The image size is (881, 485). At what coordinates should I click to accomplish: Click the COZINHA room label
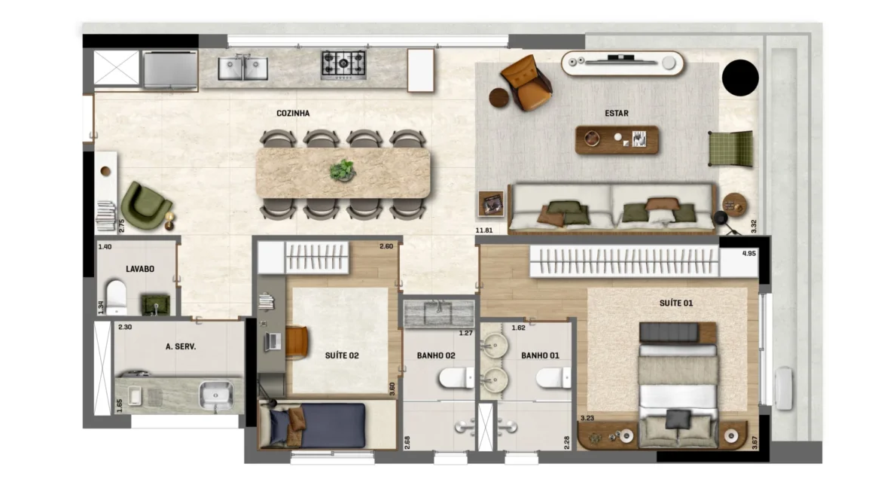click(x=293, y=113)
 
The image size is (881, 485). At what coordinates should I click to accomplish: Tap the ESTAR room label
click(x=617, y=113)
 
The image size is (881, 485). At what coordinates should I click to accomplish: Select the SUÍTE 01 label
click(x=676, y=303)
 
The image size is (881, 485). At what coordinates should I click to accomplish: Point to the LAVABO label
click(x=140, y=269)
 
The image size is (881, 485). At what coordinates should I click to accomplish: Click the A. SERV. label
click(x=181, y=346)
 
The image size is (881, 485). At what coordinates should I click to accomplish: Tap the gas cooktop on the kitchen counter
click(x=343, y=66)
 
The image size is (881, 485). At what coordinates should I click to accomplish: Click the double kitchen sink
click(x=242, y=68)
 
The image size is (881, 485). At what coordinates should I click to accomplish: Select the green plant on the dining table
click(x=342, y=170)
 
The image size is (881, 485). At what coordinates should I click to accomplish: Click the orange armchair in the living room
click(x=527, y=82)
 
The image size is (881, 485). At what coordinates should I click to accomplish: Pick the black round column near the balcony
click(x=740, y=78)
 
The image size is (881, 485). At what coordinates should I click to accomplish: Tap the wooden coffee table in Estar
click(x=617, y=140)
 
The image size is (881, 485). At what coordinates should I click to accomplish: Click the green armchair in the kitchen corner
click(x=145, y=206)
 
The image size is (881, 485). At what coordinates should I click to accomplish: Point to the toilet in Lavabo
click(x=116, y=297)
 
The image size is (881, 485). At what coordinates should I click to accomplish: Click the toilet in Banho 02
click(x=456, y=377)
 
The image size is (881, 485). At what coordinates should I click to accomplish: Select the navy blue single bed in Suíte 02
click(x=318, y=426)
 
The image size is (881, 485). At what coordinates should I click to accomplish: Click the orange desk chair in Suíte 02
click(x=297, y=342)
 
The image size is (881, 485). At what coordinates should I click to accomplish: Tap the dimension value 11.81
click(x=483, y=230)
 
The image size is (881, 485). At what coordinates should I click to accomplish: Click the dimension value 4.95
click(x=749, y=254)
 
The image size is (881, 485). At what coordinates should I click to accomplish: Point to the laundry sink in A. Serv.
click(x=216, y=395)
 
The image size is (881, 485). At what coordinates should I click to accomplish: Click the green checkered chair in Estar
click(x=731, y=149)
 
